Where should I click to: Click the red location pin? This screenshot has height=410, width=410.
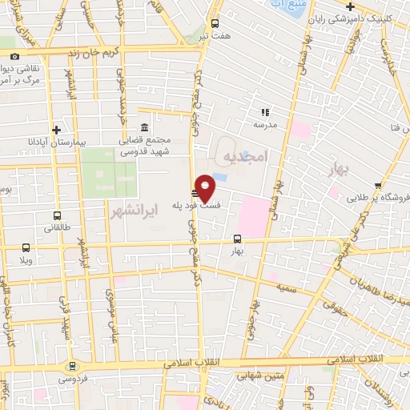[x=205, y=187]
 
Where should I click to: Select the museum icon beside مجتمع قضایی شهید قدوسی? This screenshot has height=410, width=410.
[x=144, y=128]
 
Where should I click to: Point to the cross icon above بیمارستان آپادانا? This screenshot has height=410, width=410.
[x=56, y=130]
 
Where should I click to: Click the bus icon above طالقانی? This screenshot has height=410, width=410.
[x=57, y=215]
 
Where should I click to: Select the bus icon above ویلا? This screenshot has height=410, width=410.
[x=26, y=247]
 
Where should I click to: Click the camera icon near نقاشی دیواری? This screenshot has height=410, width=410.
[x=15, y=56]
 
